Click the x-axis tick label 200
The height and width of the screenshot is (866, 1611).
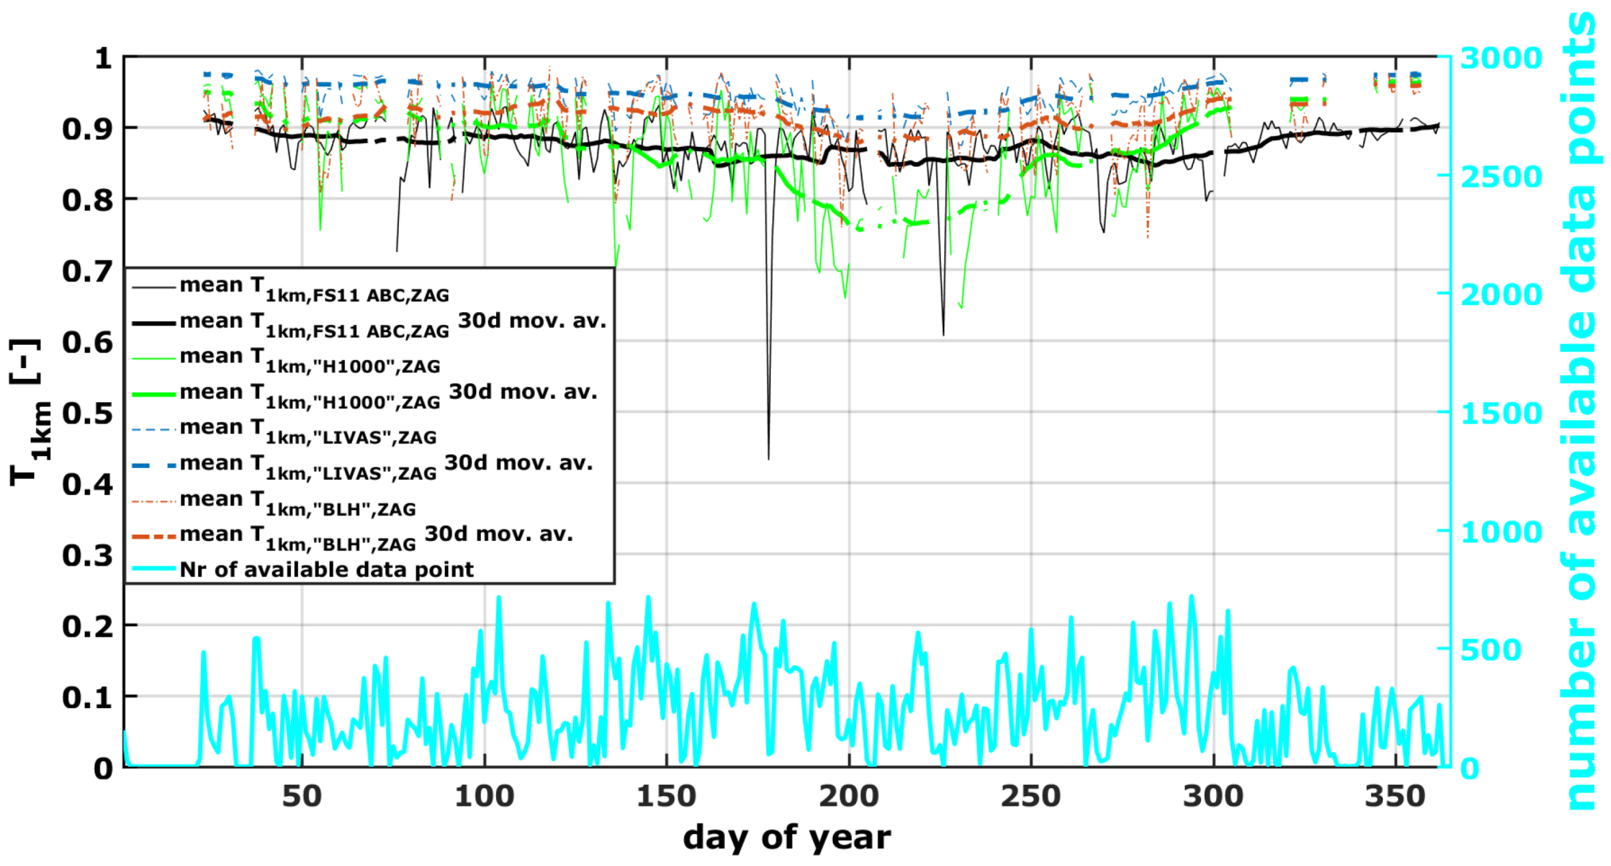849,796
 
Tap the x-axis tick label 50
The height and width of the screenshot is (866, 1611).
302,796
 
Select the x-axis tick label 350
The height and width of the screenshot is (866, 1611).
1395,796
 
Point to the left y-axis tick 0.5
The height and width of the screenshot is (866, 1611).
87,413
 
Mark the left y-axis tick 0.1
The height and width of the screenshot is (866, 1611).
87,697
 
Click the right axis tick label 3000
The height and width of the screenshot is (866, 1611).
1501,59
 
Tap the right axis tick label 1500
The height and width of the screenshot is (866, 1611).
1501,414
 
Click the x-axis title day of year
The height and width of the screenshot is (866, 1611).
786,837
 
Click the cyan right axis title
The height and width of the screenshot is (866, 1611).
1580,410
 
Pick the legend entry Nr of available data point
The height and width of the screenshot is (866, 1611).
326,570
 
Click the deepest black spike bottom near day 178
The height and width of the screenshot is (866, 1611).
769,458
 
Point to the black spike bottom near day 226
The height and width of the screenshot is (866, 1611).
944,335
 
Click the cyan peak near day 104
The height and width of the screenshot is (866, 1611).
499,598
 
